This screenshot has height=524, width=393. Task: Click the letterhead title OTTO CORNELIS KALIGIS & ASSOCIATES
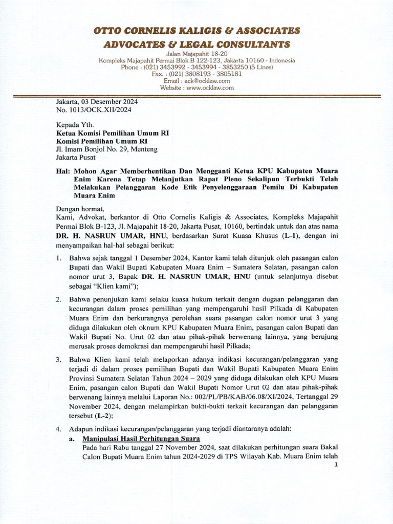196,31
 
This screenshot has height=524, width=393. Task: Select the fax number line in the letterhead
196,74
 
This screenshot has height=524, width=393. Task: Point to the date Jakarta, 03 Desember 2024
97,102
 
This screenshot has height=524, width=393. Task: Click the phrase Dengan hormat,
80,209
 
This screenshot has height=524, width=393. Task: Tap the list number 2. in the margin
59,299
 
